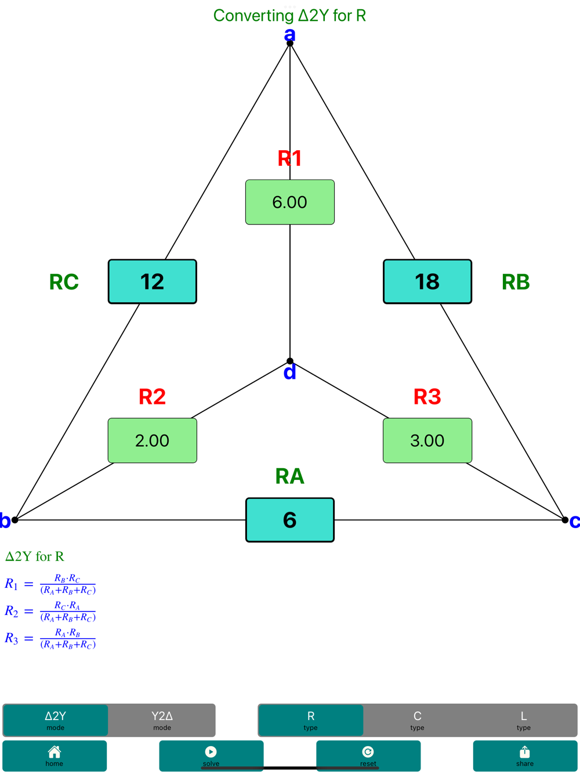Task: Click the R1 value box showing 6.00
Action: [290, 202]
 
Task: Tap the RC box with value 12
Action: [153, 281]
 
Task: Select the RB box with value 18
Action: [427, 281]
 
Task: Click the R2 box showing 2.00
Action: [153, 440]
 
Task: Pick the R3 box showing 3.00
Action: [427, 440]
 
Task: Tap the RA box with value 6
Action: [290, 520]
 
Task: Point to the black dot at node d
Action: [290, 361]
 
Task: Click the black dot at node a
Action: [290, 44]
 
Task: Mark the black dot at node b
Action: [15, 520]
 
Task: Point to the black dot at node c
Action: [565, 520]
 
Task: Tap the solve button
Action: [211, 755]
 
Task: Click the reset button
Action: [368, 755]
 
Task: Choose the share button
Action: [524, 755]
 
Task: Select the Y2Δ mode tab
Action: [162, 720]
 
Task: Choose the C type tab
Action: [417, 720]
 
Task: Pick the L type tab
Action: [524, 720]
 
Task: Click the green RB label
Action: [516, 282]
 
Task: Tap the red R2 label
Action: [153, 397]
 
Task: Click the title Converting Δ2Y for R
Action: [289, 16]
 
